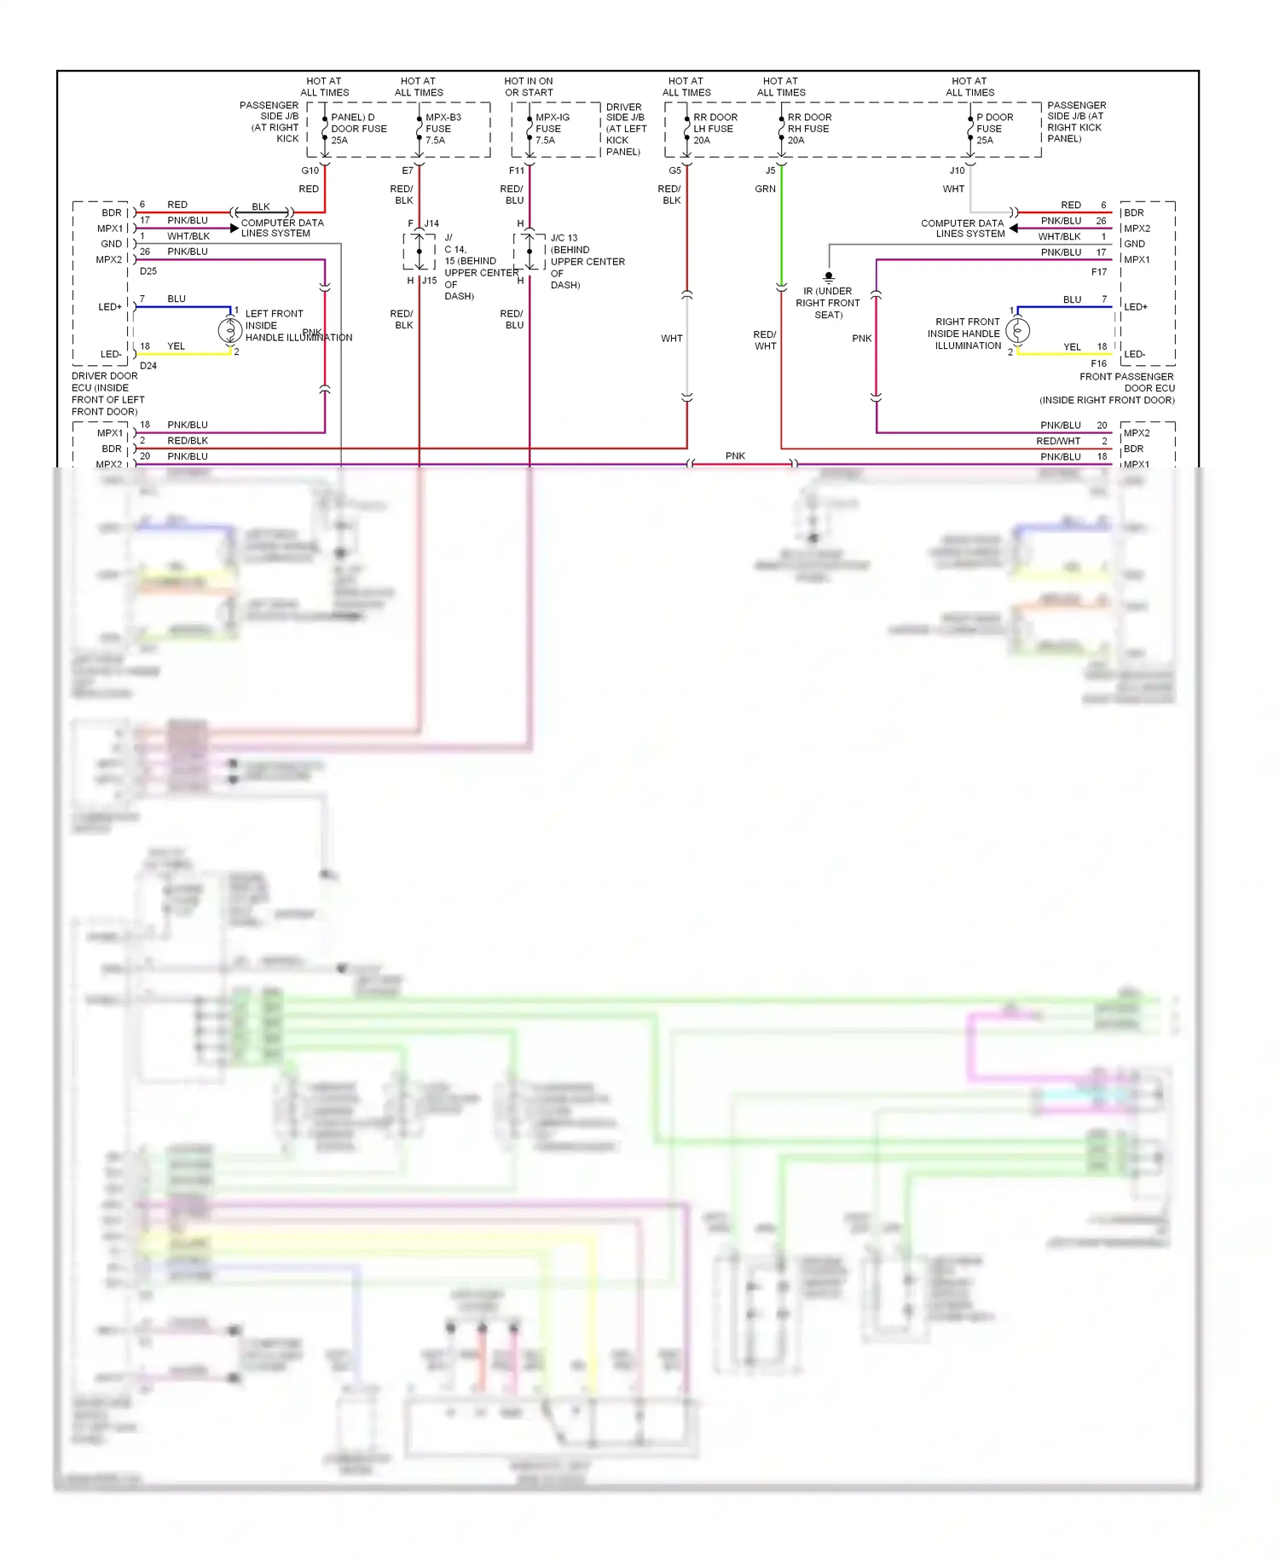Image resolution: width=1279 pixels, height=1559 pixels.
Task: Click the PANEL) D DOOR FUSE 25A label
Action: pos(358,129)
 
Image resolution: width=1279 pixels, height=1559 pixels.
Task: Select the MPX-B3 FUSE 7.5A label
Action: pos(443,129)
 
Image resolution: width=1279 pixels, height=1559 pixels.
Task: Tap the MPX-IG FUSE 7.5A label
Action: pos(552,129)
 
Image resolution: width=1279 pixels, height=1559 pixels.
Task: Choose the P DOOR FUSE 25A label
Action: pos(994,129)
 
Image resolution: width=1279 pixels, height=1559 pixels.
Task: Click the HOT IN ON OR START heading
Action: pos(529,87)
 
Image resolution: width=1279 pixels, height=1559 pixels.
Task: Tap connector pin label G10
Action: pos(310,171)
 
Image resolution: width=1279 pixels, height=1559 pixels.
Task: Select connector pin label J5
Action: pos(770,171)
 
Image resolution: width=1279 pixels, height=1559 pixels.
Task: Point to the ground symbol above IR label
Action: pos(828,276)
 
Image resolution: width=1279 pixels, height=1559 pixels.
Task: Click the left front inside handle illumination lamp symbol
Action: pos(229,330)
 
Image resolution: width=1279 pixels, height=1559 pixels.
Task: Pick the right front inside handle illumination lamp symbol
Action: pos(1017,330)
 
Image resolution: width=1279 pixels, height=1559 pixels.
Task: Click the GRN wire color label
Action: pos(765,189)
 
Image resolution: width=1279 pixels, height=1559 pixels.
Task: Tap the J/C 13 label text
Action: pos(564,238)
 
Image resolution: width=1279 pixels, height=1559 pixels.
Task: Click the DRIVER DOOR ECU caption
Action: pos(107,393)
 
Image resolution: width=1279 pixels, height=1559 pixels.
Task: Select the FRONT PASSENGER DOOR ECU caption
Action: pos(1108,388)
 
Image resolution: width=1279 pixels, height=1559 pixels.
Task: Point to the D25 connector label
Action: pos(148,271)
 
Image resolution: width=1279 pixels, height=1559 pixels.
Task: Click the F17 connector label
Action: pos(1098,272)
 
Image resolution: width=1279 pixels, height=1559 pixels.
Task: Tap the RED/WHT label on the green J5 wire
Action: pos(765,340)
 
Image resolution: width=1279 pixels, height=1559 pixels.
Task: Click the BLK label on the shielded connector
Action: pos(261,206)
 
